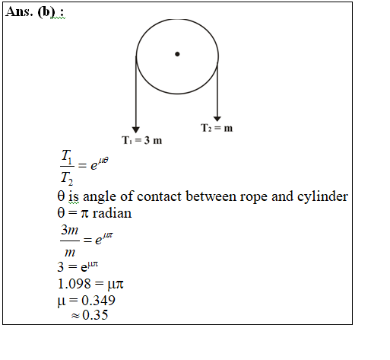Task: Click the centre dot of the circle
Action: click(177, 54)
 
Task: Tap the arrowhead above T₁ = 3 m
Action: click(136, 130)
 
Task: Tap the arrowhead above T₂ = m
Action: click(217, 119)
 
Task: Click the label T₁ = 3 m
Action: click(141, 140)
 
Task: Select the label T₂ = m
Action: click(217, 128)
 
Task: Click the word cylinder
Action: click(322, 196)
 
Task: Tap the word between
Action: click(211, 196)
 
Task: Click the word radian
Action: click(112, 213)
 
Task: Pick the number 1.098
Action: click(74, 284)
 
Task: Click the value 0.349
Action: click(98, 301)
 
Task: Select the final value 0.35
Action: click(95, 315)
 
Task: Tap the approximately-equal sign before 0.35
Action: click(75, 316)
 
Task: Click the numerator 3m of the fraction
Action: click(70, 230)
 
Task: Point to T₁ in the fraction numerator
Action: click(67, 157)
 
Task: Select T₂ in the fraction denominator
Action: click(67, 178)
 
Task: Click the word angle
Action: click(100, 197)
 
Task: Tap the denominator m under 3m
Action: click(70, 253)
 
